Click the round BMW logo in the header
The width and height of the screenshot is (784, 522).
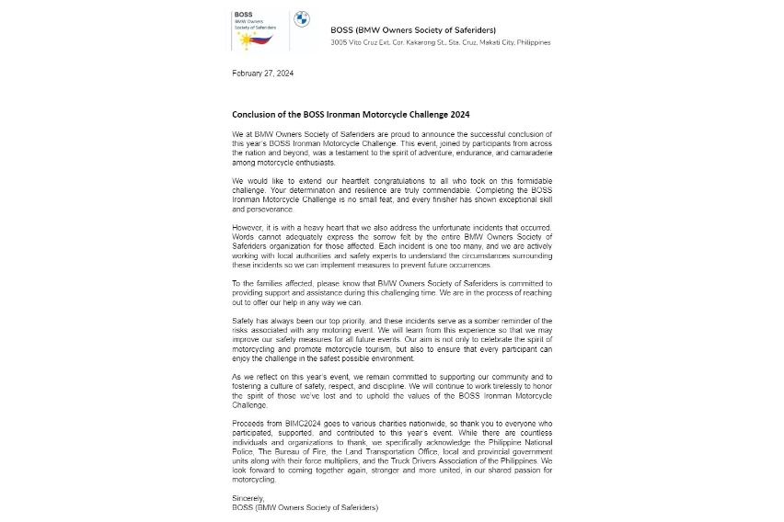[301, 19]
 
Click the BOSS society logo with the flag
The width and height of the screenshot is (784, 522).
[259, 29]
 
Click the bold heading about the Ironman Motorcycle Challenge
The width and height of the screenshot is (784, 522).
[351, 115]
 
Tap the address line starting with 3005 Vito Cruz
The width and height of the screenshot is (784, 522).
[440, 42]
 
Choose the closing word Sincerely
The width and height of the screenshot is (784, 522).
[249, 497]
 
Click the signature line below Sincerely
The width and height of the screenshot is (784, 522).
[305, 506]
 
